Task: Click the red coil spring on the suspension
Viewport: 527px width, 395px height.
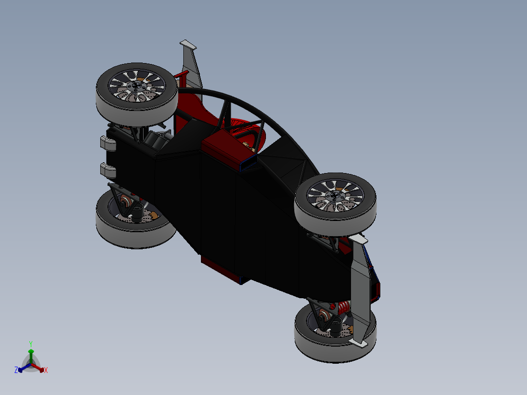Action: [344, 307]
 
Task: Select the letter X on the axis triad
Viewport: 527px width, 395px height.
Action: [46, 371]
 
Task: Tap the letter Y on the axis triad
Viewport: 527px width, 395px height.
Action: [30, 344]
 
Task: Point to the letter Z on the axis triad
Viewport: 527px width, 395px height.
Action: [16, 370]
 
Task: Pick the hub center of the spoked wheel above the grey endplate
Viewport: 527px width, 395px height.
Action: [335, 195]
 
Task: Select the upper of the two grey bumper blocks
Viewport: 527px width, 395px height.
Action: [107, 143]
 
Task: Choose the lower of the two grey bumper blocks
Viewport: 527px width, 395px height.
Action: [107, 170]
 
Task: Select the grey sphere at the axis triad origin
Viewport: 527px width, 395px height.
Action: [30, 365]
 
